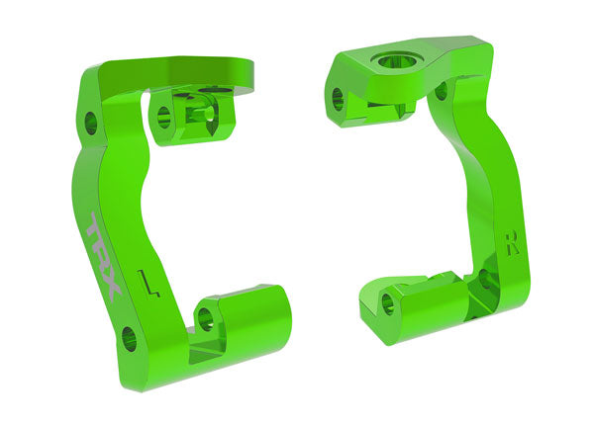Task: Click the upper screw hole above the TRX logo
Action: click(91, 124)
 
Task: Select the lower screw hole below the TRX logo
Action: click(128, 339)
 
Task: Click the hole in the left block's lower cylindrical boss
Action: click(206, 318)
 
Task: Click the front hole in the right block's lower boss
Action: click(389, 304)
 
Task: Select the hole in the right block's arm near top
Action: click(441, 92)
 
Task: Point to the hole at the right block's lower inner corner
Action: click(484, 280)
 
